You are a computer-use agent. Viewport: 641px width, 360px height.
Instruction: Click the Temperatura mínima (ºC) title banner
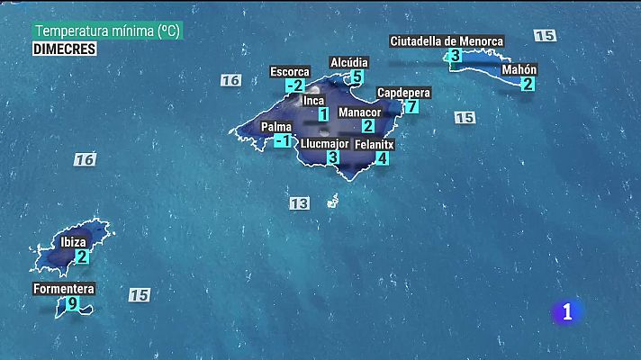click(x=108, y=31)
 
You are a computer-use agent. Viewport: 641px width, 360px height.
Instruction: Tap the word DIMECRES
click(x=64, y=49)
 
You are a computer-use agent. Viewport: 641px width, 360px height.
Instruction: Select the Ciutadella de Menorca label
click(x=447, y=40)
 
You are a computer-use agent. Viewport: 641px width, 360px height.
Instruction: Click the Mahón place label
click(x=519, y=69)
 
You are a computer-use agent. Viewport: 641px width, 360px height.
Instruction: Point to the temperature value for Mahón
click(x=528, y=84)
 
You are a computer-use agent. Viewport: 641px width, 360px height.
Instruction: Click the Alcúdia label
click(x=349, y=62)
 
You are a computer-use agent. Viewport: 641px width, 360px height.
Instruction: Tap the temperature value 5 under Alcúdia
click(x=357, y=76)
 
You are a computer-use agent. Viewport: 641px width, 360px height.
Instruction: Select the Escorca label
click(x=290, y=72)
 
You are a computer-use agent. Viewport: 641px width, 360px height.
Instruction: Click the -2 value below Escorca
click(x=294, y=86)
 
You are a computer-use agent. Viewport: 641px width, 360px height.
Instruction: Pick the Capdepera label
click(x=403, y=93)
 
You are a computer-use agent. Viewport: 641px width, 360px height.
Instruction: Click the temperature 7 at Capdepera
click(x=411, y=106)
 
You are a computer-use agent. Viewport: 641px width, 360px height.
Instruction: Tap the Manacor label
click(x=359, y=112)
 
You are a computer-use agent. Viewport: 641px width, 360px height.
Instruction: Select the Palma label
click(x=276, y=127)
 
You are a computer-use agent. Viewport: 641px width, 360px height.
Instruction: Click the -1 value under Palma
click(x=283, y=141)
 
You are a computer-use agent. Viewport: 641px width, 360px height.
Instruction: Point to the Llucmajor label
click(x=324, y=143)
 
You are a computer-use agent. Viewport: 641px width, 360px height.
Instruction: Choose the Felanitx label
click(x=375, y=144)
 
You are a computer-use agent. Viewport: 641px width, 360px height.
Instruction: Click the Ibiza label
click(x=73, y=242)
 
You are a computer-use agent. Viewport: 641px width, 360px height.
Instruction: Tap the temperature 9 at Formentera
click(x=73, y=304)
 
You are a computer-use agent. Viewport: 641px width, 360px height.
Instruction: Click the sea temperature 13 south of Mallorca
click(x=299, y=203)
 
